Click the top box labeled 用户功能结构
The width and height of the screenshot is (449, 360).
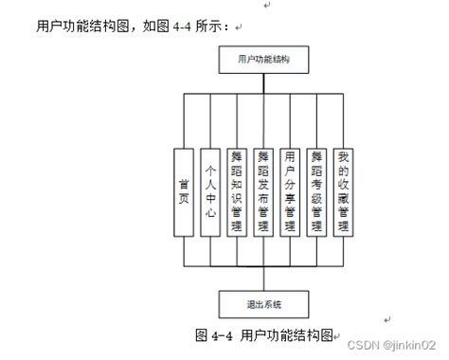(264, 60)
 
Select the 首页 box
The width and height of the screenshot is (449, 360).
(184, 191)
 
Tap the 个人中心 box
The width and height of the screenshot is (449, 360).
(210, 191)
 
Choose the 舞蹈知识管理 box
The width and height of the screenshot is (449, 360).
(237, 191)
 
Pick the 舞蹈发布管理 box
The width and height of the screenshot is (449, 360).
(264, 191)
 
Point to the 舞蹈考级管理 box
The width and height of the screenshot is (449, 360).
(318, 191)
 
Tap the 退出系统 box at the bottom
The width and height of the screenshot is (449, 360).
(264, 304)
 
